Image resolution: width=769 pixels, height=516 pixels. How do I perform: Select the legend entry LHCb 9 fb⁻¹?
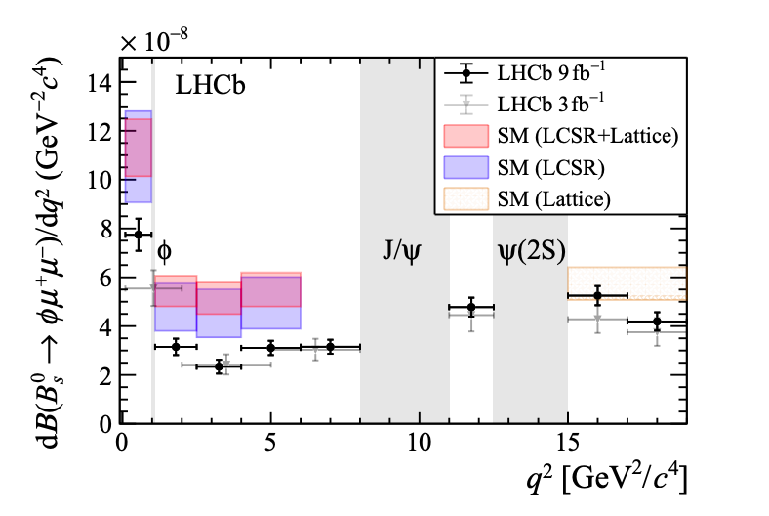tap(542, 73)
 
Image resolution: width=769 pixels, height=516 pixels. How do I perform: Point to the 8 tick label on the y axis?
tap(102, 228)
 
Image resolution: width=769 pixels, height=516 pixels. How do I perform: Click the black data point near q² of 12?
tap(471, 308)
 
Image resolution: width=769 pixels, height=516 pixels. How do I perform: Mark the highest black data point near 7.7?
tap(138, 235)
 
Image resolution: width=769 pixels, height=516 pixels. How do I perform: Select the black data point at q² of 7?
tap(330, 347)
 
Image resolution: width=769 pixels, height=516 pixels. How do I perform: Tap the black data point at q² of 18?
tap(658, 322)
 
